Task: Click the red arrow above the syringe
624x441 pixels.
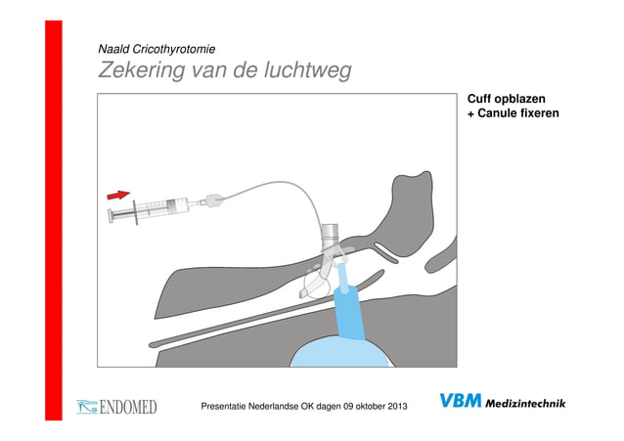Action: (120, 196)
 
